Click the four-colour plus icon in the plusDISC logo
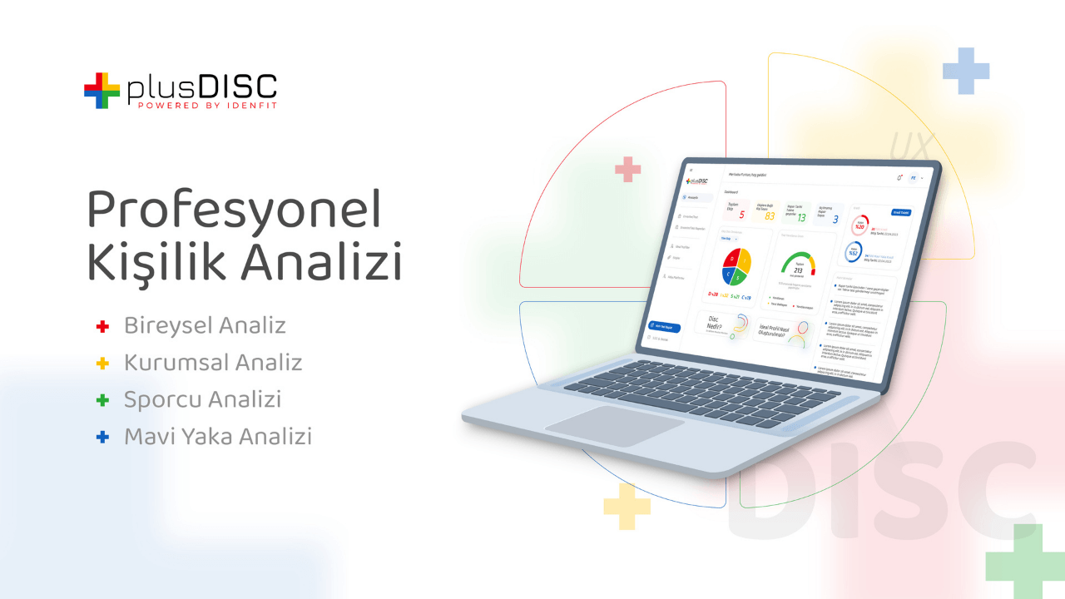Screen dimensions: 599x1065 coord(102,91)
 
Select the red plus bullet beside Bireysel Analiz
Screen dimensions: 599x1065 coord(103,327)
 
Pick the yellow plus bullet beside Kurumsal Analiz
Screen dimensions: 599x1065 coord(103,364)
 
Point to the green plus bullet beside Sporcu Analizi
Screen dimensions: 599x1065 coord(103,400)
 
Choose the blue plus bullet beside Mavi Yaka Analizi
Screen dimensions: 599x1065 coord(103,437)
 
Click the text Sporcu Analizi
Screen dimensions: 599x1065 coord(202,399)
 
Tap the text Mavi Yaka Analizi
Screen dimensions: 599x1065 coord(217,436)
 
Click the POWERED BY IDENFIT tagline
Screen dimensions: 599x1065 coord(207,106)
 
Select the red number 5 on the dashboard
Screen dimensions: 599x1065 coord(741,215)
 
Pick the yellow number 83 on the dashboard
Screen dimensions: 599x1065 coord(770,216)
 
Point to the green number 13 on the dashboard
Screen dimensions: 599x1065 coord(801,218)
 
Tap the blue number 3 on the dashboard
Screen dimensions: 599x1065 coord(835,220)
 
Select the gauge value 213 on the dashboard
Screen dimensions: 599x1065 coord(798,271)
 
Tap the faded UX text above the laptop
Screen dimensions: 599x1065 coord(912,146)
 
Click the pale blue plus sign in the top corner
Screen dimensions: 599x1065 coord(966,71)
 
